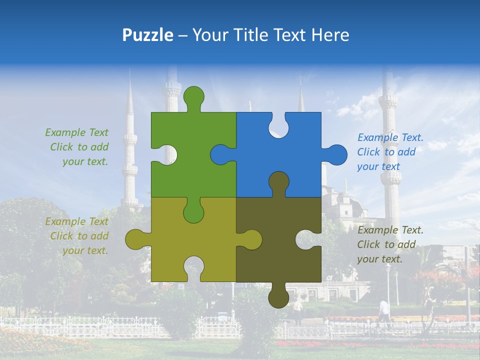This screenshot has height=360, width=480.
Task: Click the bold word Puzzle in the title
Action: [x=147, y=35]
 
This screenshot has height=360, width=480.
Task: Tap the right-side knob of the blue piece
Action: [x=336, y=154]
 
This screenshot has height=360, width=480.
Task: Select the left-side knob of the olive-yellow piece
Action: [x=135, y=239]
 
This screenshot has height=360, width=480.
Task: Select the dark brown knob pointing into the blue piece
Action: [x=278, y=182]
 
